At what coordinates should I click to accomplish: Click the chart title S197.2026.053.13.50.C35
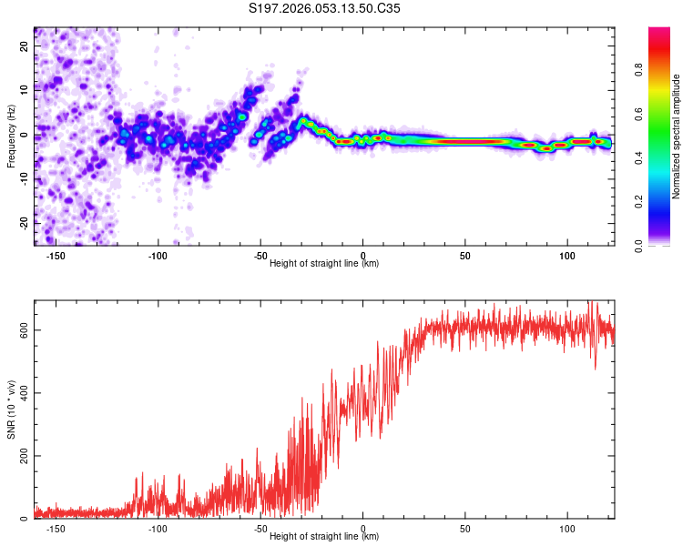pyautogui.click(x=325, y=9)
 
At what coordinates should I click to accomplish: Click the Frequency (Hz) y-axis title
pyautogui.click(x=12, y=136)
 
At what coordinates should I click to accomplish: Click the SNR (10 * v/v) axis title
pyautogui.click(x=12, y=409)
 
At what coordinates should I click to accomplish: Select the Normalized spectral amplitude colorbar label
pyautogui.click(x=677, y=136)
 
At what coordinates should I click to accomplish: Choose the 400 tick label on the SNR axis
pyautogui.click(x=22, y=393)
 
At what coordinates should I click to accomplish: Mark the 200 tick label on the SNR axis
pyautogui.click(x=22, y=456)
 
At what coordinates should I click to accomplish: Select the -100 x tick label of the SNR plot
pyautogui.click(x=158, y=528)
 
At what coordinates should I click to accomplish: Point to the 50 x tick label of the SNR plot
pyautogui.click(x=465, y=528)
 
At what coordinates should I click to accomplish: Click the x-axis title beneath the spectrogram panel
pyautogui.click(x=324, y=263)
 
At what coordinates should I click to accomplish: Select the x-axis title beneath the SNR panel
pyautogui.click(x=324, y=536)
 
